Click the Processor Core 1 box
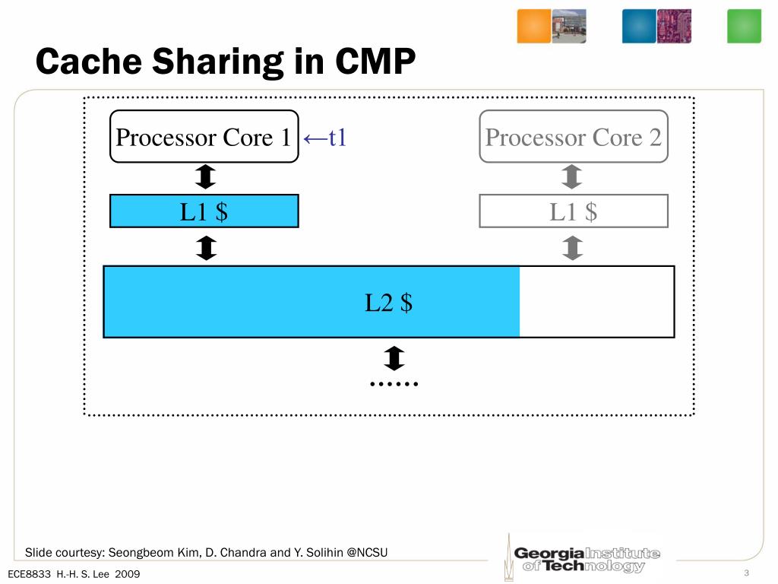[x=204, y=137]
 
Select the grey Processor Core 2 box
[x=573, y=137]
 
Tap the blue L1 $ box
[x=204, y=211]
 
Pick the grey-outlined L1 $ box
[x=573, y=211]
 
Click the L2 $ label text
[x=388, y=303]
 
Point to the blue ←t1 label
[x=324, y=138]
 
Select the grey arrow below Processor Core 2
[x=573, y=178]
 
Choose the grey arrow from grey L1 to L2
[x=573, y=247]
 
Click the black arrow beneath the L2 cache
[x=394, y=358]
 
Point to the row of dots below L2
[x=394, y=383]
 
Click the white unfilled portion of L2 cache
[x=596, y=302]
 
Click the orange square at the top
[x=533, y=26]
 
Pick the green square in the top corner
[x=744, y=26]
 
